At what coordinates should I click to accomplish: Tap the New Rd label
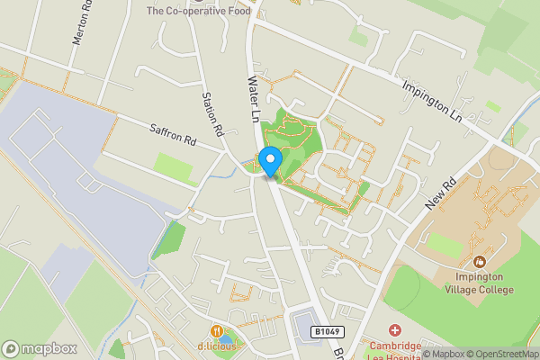tap(443, 193)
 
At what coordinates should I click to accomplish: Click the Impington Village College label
tap(479, 283)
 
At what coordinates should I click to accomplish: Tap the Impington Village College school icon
tap(479, 262)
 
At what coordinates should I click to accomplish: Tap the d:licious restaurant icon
tap(217, 332)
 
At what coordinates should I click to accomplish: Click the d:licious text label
tap(217, 348)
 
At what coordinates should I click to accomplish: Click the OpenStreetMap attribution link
tap(500, 354)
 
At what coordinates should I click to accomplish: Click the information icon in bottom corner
tap(427, 354)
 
